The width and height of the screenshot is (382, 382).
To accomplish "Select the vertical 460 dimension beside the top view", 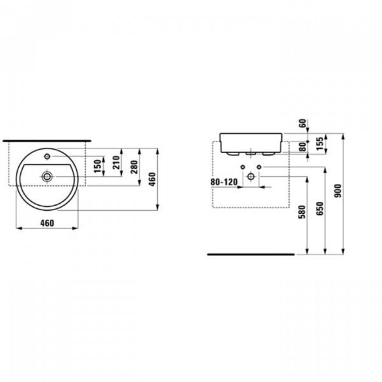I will (152, 180).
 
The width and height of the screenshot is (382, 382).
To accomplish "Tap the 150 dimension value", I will (97, 166).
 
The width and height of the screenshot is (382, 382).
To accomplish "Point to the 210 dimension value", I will (116, 164).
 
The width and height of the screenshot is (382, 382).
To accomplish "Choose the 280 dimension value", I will (134, 167).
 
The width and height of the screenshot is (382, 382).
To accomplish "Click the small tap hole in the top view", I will (48, 155).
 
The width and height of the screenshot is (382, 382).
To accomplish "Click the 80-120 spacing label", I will (224, 181).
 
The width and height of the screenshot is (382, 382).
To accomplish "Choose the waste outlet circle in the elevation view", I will (251, 178).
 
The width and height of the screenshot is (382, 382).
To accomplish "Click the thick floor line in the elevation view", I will (251, 254).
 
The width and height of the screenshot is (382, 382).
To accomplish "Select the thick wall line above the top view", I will (48, 138).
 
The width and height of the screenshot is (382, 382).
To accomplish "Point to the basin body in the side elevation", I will (251, 142).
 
